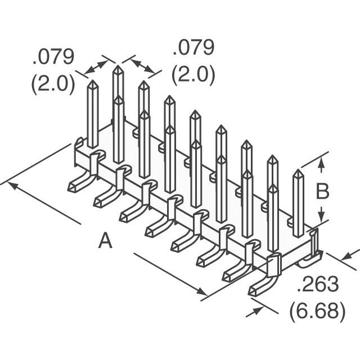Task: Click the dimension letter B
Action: [322, 192]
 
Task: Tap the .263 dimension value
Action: [318, 286]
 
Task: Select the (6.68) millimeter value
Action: [318, 310]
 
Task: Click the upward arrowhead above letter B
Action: [321, 163]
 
